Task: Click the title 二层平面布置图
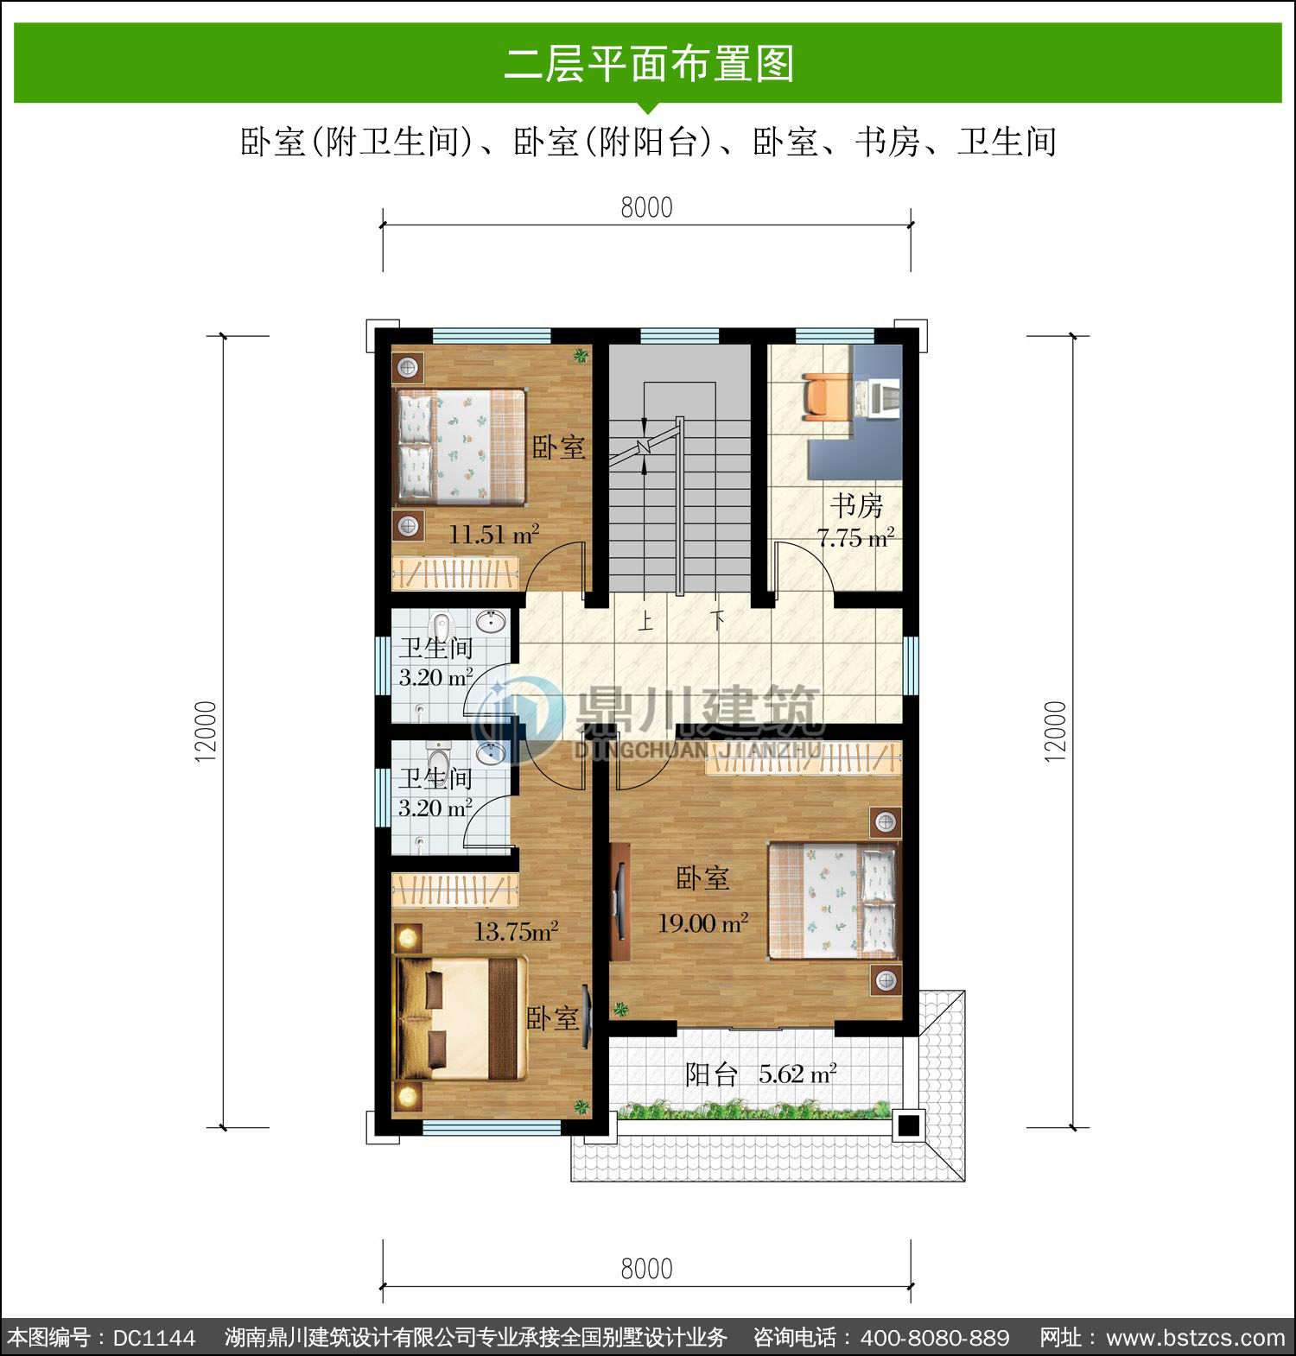pos(649,63)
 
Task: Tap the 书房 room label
pos(857,505)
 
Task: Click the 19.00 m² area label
pos(703,923)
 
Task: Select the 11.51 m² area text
pos(493,535)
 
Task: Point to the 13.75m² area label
pos(516,931)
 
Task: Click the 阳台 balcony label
pos(711,1074)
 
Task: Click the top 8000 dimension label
pos(646,208)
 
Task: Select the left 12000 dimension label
pos(206,731)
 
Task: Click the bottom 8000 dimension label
pos(646,1269)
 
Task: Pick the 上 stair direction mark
pos(645,621)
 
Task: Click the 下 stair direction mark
pos(718,621)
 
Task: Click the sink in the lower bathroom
pos(492,752)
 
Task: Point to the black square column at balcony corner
pos(908,1125)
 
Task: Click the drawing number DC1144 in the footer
pos(154,1338)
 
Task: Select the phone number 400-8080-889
pos(935,1338)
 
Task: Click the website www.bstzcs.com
pos(1196,1338)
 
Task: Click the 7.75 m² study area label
pos(855,538)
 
